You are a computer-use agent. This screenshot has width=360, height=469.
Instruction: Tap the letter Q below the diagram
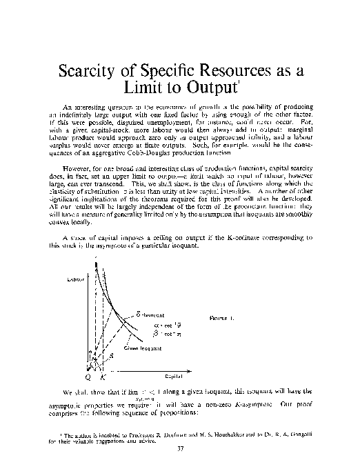[x=88, y=378]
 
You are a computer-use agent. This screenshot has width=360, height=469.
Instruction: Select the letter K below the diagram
[x=102, y=378]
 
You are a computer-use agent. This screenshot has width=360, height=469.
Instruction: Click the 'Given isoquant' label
[x=143, y=348]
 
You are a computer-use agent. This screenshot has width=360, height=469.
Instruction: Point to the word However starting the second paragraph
[x=77, y=166]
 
